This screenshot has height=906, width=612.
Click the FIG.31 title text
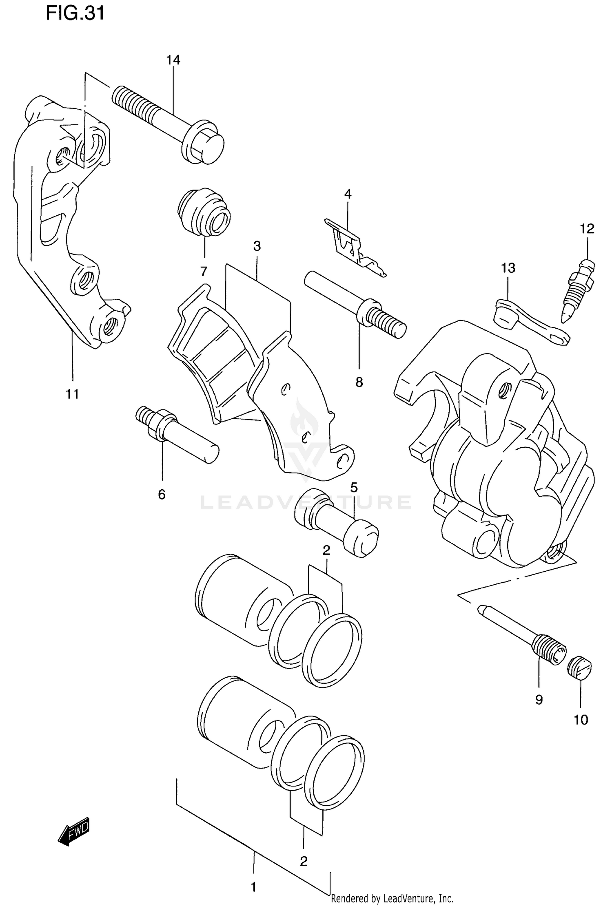pyautogui.click(x=75, y=13)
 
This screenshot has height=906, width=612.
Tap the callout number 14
pyautogui.click(x=173, y=60)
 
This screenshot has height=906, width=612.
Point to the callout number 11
pyautogui.click(x=72, y=394)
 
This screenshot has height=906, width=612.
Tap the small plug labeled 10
pyautogui.click(x=579, y=667)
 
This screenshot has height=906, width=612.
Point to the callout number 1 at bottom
pyautogui.click(x=253, y=887)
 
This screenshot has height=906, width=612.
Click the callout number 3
pyautogui.click(x=257, y=246)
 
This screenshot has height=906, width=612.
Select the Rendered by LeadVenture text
pyautogui.click(x=392, y=898)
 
